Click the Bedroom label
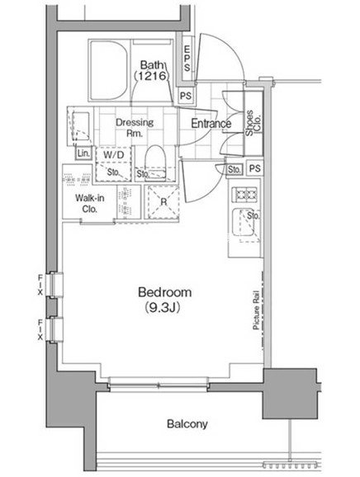(x=164, y=292)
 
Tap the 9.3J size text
(x=163, y=307)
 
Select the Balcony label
(x=187, y=423)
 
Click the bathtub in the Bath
(x=109, y=70)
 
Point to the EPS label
(x=187, y=59)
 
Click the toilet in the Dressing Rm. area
(x=155, y=162)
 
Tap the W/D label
(x=114, y=155)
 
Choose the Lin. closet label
(x=83, y=153)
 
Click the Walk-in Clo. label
(x=90, y=204)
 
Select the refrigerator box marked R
(x=163, y=201)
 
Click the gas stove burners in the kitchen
(x=244, y=194)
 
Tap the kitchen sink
(x=243, y=222)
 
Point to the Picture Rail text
(x=256, y=310)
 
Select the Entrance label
(x=211, y=124)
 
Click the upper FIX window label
(x=40, y=286)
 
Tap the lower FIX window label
(x=40, y=330)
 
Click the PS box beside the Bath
(x=186, y=96)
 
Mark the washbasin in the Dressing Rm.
(x=81, y=126)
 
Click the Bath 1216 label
(x=152, y=71)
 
